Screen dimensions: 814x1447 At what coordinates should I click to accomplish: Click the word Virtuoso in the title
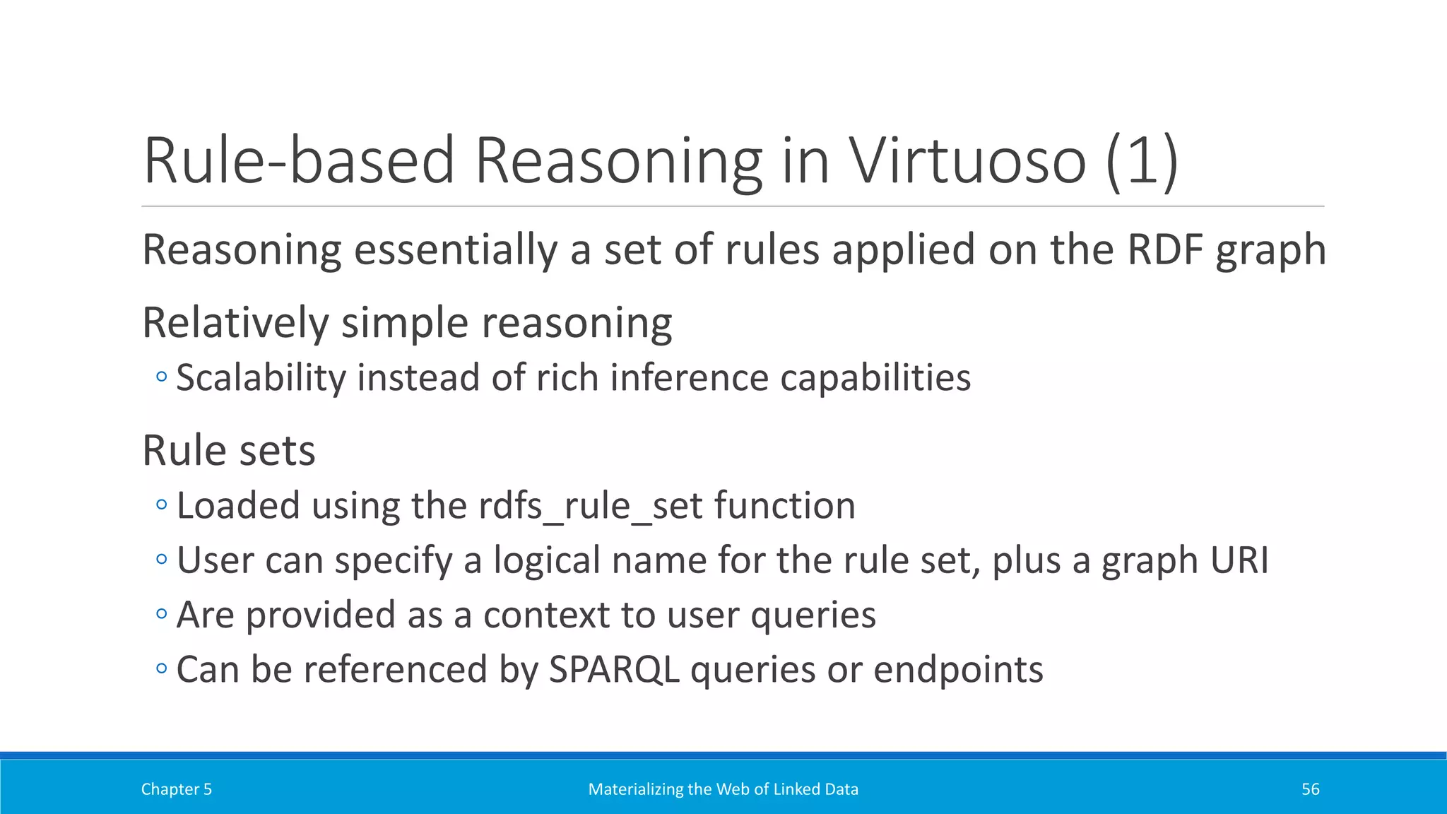click(967, 161)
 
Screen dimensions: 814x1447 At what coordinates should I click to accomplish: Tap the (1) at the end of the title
click(1142, 161)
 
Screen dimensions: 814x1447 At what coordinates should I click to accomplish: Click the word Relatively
click(235, 324)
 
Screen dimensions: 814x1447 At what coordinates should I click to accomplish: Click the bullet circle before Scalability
click(162, 377)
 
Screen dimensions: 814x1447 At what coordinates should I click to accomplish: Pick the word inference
click(689, 378)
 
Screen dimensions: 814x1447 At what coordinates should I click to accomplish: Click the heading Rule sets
click(228, 451)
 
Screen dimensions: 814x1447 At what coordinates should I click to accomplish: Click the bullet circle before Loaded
click(162, 505)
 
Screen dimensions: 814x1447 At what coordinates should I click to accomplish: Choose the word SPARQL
click(614, 670)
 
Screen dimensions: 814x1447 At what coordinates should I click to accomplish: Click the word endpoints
click(958, 670)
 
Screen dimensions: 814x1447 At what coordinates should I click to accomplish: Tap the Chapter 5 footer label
click(176, 789)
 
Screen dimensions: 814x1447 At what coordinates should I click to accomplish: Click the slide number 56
click(1310, 789)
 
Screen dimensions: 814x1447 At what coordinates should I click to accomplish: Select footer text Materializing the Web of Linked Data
click(723, 789)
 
